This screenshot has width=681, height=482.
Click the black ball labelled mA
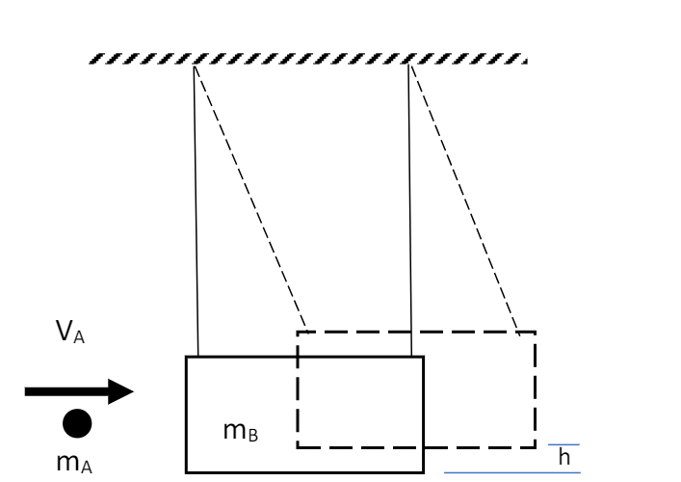[77, 422]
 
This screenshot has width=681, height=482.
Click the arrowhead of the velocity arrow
[121, 391]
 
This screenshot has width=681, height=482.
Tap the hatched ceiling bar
[308, 60]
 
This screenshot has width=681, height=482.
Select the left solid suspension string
[196, 212]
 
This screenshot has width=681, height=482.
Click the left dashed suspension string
[250, 198]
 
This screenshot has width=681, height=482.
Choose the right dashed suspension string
[464, 198]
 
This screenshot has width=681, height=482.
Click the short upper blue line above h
[564, 445]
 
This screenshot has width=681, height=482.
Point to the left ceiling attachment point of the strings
[195, 66]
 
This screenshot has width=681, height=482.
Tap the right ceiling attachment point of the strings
[409, 66]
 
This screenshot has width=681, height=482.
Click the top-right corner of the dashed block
[535, 332]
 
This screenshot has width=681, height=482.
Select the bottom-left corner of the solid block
[186, 472]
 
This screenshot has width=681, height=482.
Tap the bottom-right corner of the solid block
[423, 472]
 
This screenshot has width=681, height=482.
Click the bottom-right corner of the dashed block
[535, 447]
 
